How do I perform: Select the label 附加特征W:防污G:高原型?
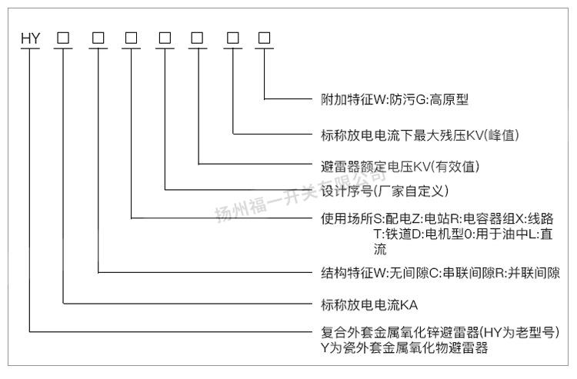[395, 99]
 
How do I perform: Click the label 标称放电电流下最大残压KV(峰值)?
[420, 135]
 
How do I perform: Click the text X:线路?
[542, 218]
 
